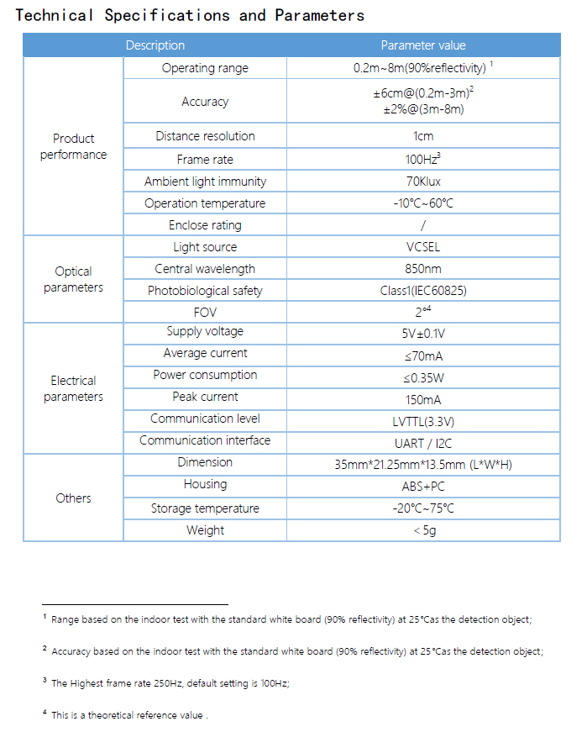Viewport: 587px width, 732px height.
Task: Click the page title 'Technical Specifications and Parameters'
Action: [190, 15]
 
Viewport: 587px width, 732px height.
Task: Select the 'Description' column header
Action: [155, 45]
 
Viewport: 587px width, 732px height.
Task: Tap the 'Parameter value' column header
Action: [422, 45]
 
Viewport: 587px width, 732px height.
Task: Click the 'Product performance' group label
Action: [73, 146]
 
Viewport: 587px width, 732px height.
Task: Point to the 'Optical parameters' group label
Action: [73, 279]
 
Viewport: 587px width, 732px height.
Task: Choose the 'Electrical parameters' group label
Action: [73, 388]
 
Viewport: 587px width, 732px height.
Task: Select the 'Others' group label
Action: [73, 498]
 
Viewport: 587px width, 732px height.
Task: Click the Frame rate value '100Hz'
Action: [422, 160]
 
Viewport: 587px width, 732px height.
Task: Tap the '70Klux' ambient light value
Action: [422, 182]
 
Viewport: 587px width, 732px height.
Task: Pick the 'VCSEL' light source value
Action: [422, 247]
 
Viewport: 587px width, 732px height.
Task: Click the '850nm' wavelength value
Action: [422, 269]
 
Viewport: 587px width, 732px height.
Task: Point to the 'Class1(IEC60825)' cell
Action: [422, 291]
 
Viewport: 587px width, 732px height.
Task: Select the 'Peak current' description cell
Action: [205, 397]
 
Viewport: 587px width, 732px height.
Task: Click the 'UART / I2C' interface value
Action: [422, 443]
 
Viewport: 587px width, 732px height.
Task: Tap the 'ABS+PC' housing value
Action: [422, 487]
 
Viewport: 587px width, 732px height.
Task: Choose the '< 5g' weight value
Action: [423, 530]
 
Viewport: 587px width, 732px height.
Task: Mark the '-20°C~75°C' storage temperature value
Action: [422, 508]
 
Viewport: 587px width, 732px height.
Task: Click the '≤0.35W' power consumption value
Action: [422, 377]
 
